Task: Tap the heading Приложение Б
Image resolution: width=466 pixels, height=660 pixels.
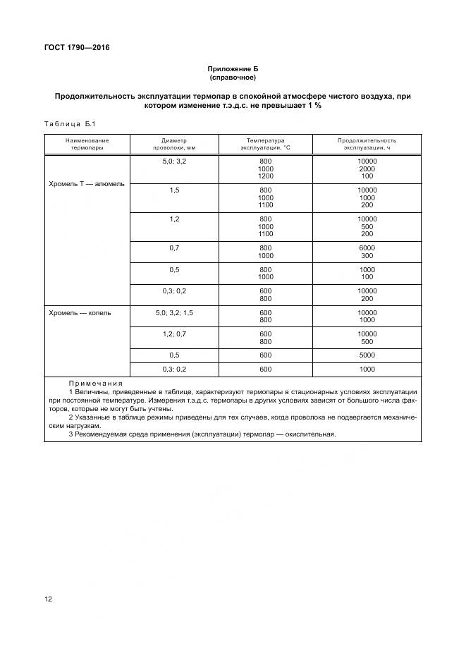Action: [233, 69]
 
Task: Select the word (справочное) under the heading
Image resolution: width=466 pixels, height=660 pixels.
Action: [233, 78]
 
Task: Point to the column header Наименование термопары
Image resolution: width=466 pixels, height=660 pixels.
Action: [87, 144]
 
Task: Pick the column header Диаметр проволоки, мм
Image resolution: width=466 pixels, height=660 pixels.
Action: [175, 144]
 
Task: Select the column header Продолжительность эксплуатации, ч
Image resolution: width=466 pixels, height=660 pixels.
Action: [367, 144]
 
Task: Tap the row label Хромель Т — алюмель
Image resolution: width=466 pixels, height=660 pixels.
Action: [87, 183]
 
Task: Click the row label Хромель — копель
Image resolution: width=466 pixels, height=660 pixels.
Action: [80, 312]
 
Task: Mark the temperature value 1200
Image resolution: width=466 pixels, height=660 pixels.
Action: [266, 176]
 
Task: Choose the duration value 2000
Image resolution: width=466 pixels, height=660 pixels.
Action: [367, 169]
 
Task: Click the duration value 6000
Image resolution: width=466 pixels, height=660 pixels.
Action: [367, 248]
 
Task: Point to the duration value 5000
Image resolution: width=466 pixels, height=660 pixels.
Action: [367, 355]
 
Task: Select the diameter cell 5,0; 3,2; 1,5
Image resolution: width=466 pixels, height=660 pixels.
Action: [175, 312]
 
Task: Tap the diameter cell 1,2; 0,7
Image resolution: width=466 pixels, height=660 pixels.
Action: [175, 334]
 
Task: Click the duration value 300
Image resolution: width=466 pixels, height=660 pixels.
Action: [367, 256]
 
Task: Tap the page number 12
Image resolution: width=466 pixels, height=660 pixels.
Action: [48, 599]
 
